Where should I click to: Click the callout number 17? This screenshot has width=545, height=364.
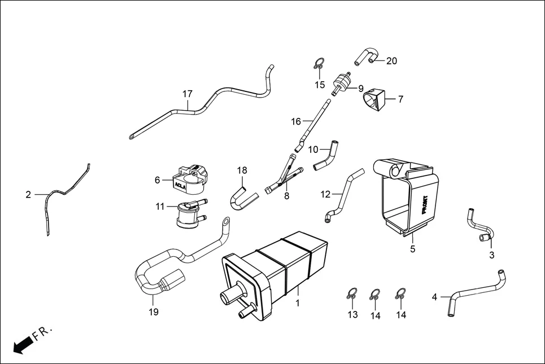(x=188, y=94)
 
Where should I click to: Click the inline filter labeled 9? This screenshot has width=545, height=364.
(x=341, y=84)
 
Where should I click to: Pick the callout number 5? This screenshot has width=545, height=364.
(x=412, y=249)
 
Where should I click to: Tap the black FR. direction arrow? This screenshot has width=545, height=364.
(x=22, y=344)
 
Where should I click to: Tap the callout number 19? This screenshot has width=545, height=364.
(x=154, y=312)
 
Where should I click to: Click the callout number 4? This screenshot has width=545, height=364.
(x=434, y=296)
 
